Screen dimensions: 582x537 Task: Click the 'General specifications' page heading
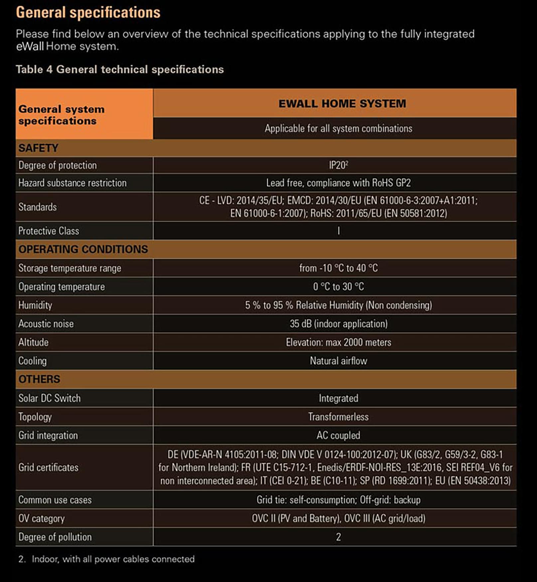pyautogui.click(x=88, y=13)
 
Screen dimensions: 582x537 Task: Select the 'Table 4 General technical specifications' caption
pyautogui.click(x=120, y=69)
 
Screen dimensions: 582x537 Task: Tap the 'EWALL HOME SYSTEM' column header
pyautogui.click(x=342, y=103)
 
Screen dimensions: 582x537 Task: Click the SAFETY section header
pyautogui.click(x=38, y=148)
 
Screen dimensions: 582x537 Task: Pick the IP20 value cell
pyautogui.click(x=338, y=165)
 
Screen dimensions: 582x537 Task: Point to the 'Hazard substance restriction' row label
pyautogui.click(x=72, y=183)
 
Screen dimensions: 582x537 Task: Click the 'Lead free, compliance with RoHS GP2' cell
pyautogui.click(x=338, y=183)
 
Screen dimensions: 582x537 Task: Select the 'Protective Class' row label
pyautogui.click(x=49, y=231)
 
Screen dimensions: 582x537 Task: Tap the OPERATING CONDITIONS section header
pyautogui.click(x=83, y=249)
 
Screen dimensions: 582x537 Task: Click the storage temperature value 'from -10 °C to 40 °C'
pyautogui.click(x=338, y=268)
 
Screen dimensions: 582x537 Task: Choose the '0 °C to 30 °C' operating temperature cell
pyautogui.click(x=338, y=287)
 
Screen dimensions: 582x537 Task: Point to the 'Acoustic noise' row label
pyautogui.click(x=46, y=324)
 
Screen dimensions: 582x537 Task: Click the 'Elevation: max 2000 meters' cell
pyautogui.click(x=338, y=342)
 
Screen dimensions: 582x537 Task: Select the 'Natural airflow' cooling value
pyautogui.click(x=338, y=361)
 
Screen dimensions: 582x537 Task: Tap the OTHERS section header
pyautogui.click(x=39, y=379)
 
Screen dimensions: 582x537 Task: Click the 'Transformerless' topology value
pyautogui.click(x=338, y=417)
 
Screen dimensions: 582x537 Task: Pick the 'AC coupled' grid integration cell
pyautogui.click(x=338, y=435)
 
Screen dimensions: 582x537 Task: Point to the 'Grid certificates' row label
pyautogui.click(x=48, y=468)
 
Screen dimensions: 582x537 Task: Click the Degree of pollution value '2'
pyautogui.click(x=338, y=537)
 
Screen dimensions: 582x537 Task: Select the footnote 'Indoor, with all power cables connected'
pyautogui.click(x=113, y=559)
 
